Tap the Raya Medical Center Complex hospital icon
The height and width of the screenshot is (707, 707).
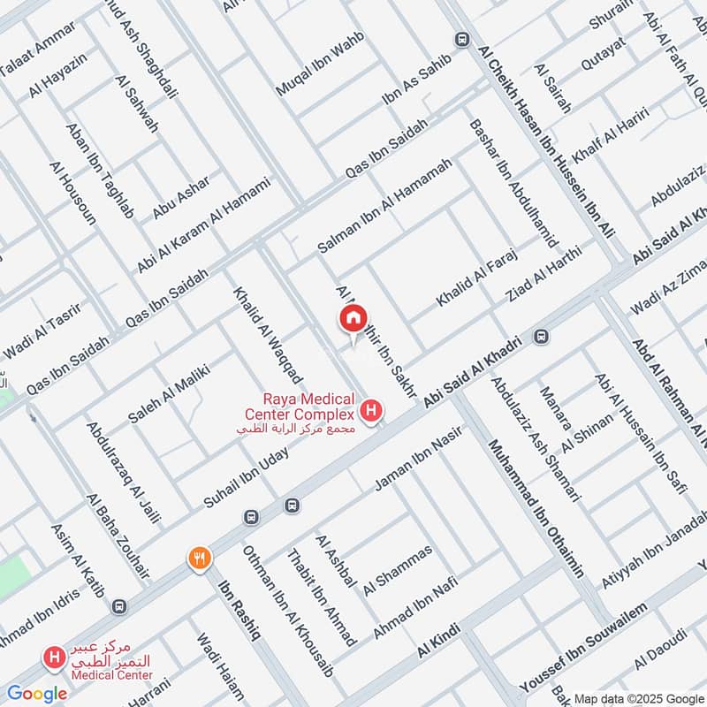pyautogui.click(x=373, y=411)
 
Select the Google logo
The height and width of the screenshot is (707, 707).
pyautogui.click(x=38, y=694)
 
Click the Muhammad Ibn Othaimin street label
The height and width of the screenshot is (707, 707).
pyautogui.click(x=536, y=508)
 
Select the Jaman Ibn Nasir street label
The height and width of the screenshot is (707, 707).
pyautogui.click(x=420, y=456)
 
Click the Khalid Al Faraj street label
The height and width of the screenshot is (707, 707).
pyautogui.click(x=475, y=278)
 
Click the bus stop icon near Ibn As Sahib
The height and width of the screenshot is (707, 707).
pyautogui.click(x=460, y=40)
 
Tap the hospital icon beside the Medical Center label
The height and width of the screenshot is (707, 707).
pyautogui.click(x=54, y=658)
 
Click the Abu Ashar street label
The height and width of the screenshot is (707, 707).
pyautogui.click(x=181, y=198)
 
